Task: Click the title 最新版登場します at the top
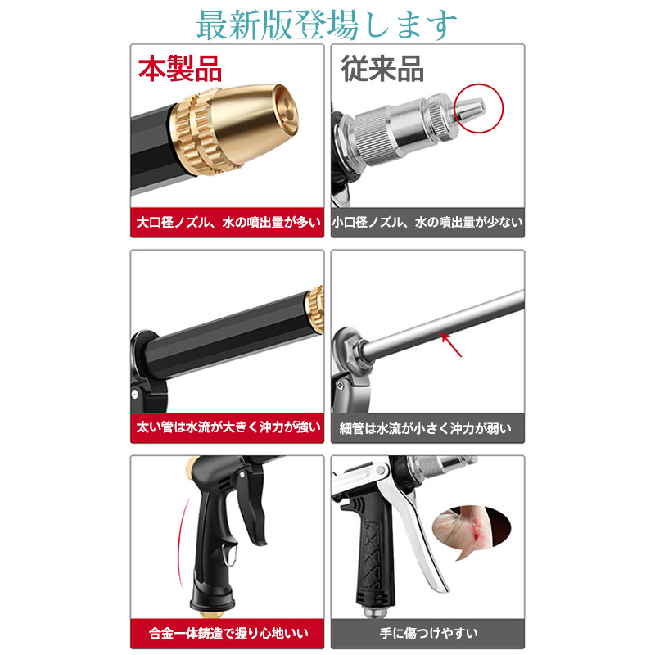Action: click(326, 25)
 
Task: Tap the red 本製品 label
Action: click(180, 69)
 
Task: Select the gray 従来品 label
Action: click(382, 69)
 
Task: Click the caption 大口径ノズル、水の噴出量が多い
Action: click(228, 222)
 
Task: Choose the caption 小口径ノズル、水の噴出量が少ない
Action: click(427, 222)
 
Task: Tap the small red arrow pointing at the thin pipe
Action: click(451, 344)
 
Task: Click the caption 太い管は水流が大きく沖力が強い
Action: click(228, 427)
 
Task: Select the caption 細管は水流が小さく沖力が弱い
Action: click(425, 428)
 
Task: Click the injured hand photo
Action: click(472, 527)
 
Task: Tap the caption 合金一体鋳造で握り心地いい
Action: click(228, 633)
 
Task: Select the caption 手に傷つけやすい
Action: click(428, 633)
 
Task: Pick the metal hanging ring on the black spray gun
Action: click(230, 555)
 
